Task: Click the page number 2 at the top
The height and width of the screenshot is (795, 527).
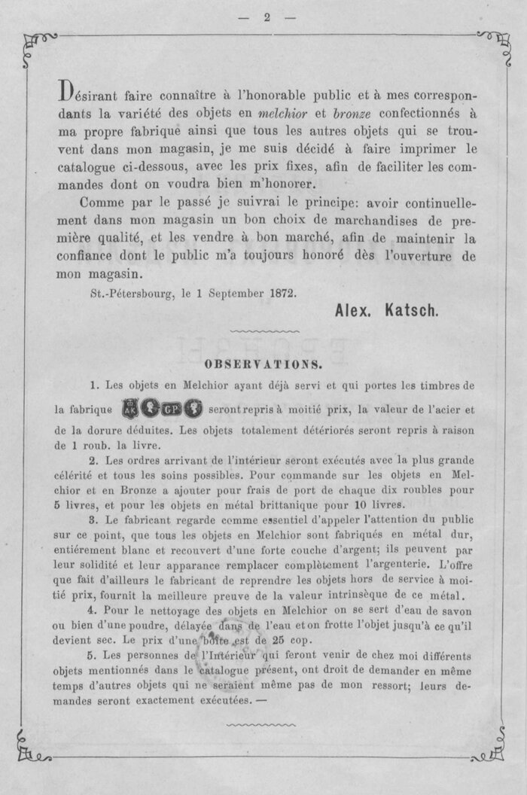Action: pyautogui.click(x=267, y=18)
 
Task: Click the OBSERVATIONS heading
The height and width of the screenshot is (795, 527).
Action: pyautogui.click(x=263, y=365)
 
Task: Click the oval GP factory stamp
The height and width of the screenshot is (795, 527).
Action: pyautogui.click(x=172, y=410)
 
